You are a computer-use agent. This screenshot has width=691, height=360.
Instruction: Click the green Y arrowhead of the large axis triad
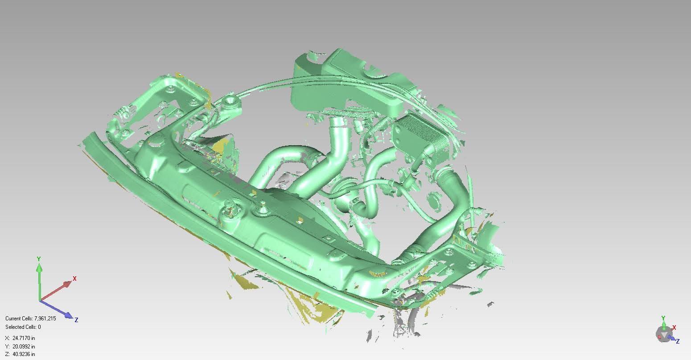[39, 269]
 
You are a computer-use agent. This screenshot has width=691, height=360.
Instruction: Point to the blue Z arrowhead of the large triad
[68, 315]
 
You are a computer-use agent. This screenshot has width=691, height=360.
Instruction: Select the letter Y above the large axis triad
[39, 259]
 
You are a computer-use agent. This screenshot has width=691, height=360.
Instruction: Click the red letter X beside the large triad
[74, 278]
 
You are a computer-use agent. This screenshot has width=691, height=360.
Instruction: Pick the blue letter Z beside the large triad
[76, 320]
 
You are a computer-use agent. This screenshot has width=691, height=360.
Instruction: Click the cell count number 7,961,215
[45, 319]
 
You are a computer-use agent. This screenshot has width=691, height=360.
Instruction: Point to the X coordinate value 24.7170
[21, 338]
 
